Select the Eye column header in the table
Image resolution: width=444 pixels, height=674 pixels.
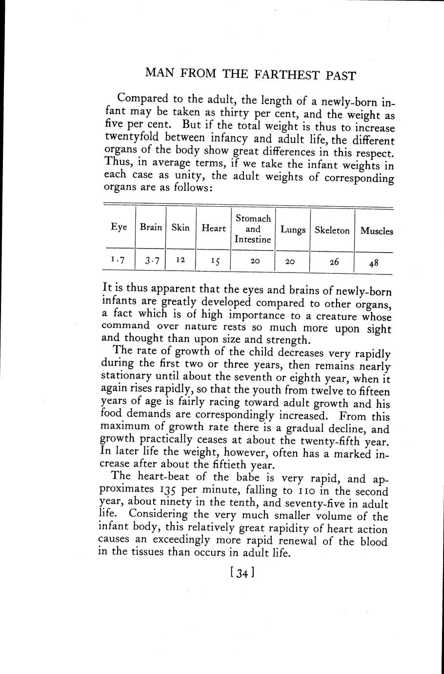point(119,227)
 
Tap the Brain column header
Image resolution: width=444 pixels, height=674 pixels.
point(151,227)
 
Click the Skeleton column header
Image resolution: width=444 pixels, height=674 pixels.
point(332,230)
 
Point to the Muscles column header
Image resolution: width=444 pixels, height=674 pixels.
point(377,231)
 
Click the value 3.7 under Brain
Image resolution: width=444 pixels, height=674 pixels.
point(151,261)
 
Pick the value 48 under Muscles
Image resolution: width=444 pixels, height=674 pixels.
point(374,263)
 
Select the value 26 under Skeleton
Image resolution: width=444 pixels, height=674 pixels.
point(334,262)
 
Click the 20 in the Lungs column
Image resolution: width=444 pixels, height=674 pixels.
point(290,262)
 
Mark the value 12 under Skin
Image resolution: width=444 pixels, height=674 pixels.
point(180,261)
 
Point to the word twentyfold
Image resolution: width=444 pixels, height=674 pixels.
point(132,138)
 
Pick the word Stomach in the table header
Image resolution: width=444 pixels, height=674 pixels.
point(253,218)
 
